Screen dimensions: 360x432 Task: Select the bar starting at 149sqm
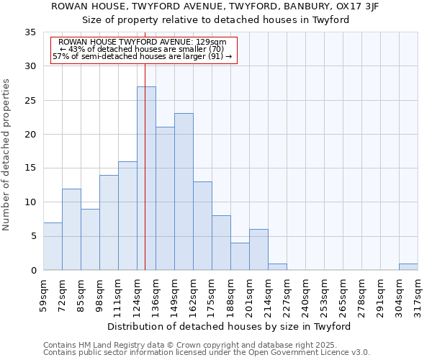coord(184,192)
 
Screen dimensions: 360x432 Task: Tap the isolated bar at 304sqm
coord(408,266)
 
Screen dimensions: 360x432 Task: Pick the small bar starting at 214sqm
coord(277,266)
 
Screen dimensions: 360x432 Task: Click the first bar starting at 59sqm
coord(53,246)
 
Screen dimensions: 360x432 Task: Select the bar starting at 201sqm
coord(258,250)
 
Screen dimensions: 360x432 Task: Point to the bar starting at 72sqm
coord(71,229)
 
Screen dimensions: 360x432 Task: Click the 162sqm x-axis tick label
coord(193,295)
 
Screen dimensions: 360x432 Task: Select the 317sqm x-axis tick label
coord(418,295)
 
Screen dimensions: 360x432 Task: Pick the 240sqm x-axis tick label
coord(305,295)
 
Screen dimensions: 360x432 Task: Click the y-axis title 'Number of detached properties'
coord(7,155)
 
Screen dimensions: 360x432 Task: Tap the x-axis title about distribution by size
coord(230,326)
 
